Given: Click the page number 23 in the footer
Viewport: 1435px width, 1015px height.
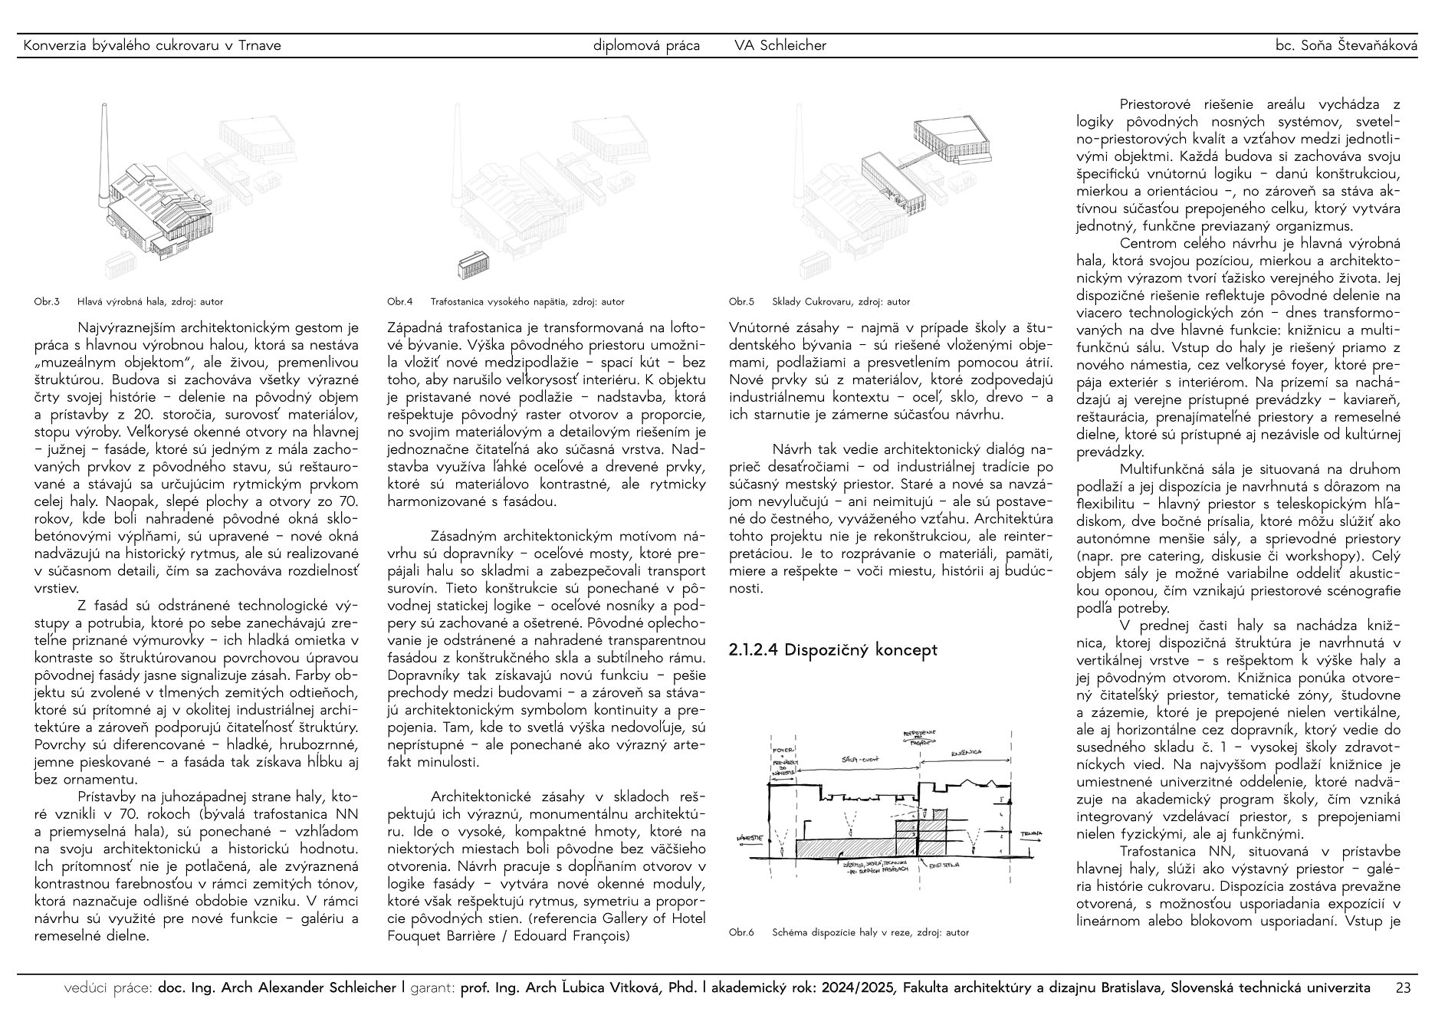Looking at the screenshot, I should pos(1403,988).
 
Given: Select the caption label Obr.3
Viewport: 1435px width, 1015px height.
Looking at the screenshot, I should pos(47,302).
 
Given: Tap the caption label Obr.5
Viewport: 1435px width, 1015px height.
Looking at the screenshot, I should pos(741,302).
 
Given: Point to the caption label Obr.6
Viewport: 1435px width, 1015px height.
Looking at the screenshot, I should pos(741,933).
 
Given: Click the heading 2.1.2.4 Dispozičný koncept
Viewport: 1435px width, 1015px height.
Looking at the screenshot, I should pos(832,650).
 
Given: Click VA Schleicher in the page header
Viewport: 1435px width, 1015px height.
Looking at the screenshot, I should pos(780,46).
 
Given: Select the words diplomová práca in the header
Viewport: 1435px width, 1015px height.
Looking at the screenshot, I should pos(646,46).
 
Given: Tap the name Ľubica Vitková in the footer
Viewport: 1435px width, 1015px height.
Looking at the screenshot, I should pos(619,988).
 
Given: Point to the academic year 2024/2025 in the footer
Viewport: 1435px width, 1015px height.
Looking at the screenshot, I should pos(859,988).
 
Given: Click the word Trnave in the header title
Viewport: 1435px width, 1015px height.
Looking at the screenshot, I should pos(259,46).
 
